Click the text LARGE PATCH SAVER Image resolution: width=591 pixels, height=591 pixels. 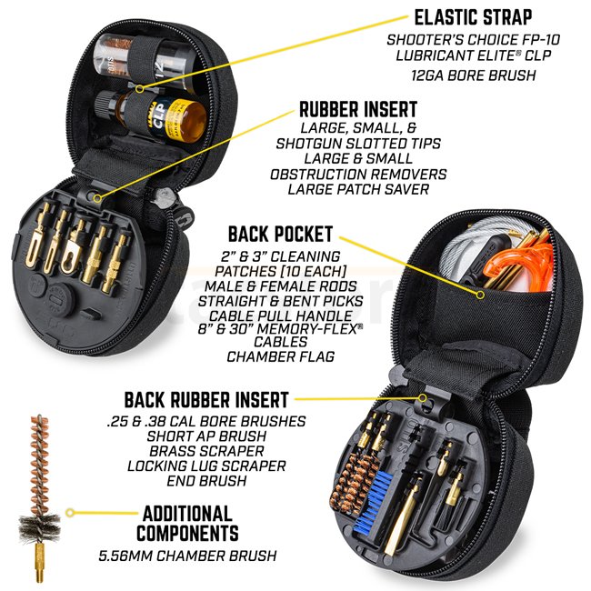point(354,189)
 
